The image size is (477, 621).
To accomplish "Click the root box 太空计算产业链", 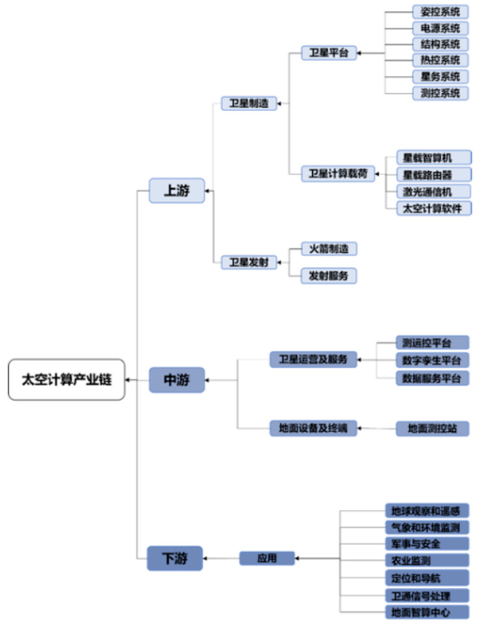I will click(67, 379).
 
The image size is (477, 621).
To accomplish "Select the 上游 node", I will click(176, 191).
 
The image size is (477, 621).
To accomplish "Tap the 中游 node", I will click(176, 380).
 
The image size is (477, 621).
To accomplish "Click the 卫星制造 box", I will click(249, 103).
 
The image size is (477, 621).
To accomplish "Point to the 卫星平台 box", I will click(328, 53).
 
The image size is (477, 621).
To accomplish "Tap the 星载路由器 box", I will click(433, 174).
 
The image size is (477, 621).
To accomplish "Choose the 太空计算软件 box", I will click(433, 208).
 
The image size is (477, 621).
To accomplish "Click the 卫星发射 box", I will click(249, 262).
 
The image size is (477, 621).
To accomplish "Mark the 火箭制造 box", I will click(328, 248).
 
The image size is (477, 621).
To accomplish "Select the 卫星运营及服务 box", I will click(313, 359).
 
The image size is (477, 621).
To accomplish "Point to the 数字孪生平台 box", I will click(432, 360).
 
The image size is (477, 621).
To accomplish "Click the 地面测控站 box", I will click(432, 429).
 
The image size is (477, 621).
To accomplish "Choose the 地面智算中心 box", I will click(426, 612).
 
